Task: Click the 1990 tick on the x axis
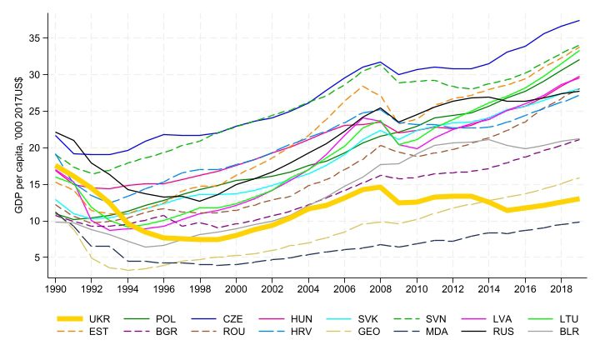tap(56, 288)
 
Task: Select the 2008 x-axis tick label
tap(380, 288)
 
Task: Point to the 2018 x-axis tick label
tap(560, 288)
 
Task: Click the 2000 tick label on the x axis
tap(236, 288)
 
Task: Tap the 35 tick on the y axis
tap(34, 38)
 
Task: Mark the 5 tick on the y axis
tap(37, 257)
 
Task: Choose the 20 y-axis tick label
tap(34, 147)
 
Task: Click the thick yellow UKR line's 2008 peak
tap(380, 187)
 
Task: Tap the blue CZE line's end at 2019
tap(578, 21)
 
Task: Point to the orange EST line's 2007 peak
tap(362, 86)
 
